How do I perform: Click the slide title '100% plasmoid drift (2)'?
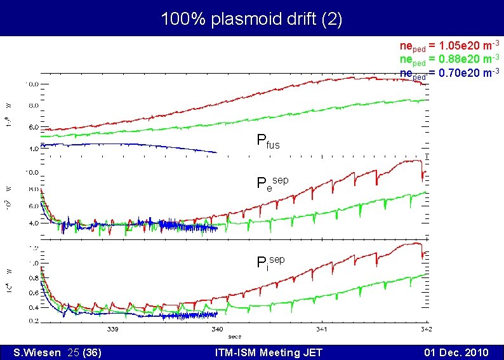tap(251, 19)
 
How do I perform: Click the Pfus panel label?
tap(267, 141)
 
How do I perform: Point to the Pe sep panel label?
tap(272, 183)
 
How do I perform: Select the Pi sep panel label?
tap(270, 262)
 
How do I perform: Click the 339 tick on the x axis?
tap(112, 330)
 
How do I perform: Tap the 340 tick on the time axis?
tap(216, 330)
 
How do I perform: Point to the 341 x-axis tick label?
tap(322, 330)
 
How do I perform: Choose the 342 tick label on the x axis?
tap(426, 330)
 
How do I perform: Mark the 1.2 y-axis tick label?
tap(32, 248)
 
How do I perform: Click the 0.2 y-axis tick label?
tap(32, 320)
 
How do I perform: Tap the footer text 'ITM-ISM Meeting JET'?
tap(269, 352)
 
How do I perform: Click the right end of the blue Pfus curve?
tap(217, 152)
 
